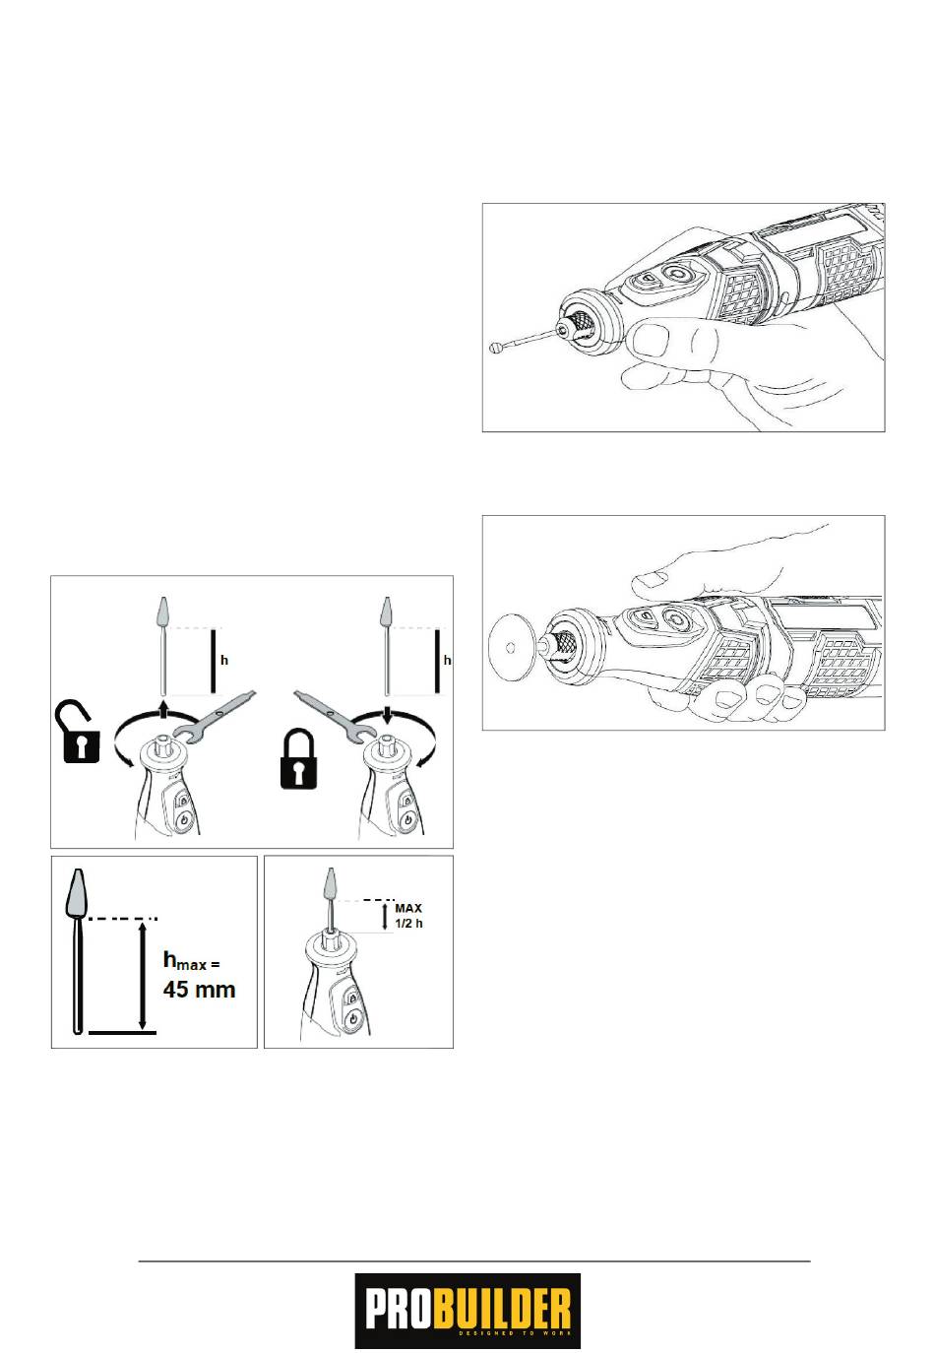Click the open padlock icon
pyautogui.click(x=80, y=733)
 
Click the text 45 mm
pyautogui.click(x=199, y=990)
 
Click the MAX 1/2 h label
pyautogui.click(x=408, y=916)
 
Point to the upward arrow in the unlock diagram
pyautogui.click(x=162, y=709)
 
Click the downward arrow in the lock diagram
pyautogui.click(x=387, y=715)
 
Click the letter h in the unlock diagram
pyautogui.click(x=224, y=660)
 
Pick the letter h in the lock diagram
pyautogui.click(x=447, y=660)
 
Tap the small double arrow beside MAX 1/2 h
pyautogui.click(x=385, y=917)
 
